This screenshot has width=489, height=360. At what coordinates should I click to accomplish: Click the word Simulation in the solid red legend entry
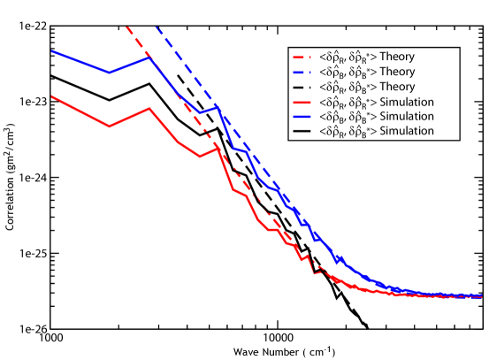407,102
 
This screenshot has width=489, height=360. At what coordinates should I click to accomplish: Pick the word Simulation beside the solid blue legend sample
407,116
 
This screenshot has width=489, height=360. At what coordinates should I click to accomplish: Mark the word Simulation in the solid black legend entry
407,131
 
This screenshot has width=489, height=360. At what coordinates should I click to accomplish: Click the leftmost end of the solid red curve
51,96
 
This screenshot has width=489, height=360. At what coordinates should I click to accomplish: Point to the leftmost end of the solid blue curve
51,50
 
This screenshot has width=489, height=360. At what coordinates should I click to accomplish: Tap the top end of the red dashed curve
126,27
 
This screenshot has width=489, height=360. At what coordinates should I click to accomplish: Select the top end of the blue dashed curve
157,27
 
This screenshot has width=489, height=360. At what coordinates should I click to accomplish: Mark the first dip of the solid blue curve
110,73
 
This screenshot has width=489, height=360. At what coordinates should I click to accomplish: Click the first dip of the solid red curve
110,126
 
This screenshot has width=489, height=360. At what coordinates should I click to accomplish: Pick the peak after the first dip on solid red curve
149,109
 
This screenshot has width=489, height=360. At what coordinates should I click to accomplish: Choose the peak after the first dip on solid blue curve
149,57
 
